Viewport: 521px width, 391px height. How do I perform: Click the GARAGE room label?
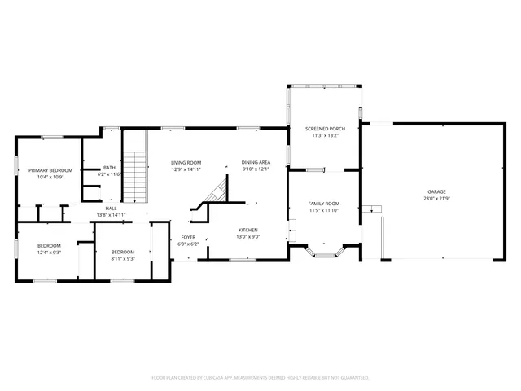coord(436,191)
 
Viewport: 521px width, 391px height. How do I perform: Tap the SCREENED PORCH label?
coord(325,129)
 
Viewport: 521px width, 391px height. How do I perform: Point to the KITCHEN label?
coord(248,230)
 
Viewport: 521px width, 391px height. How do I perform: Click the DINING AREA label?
coord(256,162)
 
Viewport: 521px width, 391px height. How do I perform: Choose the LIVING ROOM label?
coord(186,162)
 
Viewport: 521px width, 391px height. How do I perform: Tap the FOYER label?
coord(188,237)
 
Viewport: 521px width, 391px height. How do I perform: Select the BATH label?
coord(109,167)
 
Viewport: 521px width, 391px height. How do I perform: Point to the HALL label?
coord(112,208)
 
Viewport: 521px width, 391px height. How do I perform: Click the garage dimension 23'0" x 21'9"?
coord(436,199)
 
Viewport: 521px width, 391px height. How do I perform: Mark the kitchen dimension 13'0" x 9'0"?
coord(248,237)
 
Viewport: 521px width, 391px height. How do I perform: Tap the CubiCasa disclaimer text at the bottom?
coord(260,378)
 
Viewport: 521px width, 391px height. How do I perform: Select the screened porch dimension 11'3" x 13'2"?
coord(325,136)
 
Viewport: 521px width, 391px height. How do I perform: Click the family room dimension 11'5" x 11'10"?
coord(324,210)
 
